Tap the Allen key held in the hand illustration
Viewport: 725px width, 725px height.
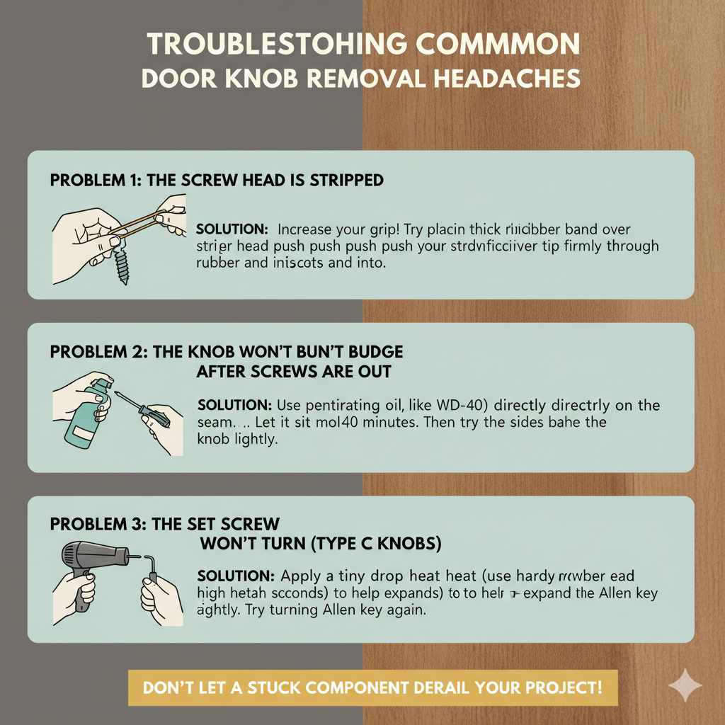click(x=150, y=566)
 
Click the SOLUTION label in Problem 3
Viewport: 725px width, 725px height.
click(x=234, y=575)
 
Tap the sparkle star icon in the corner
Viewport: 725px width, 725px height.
click(x=685, y=686)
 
